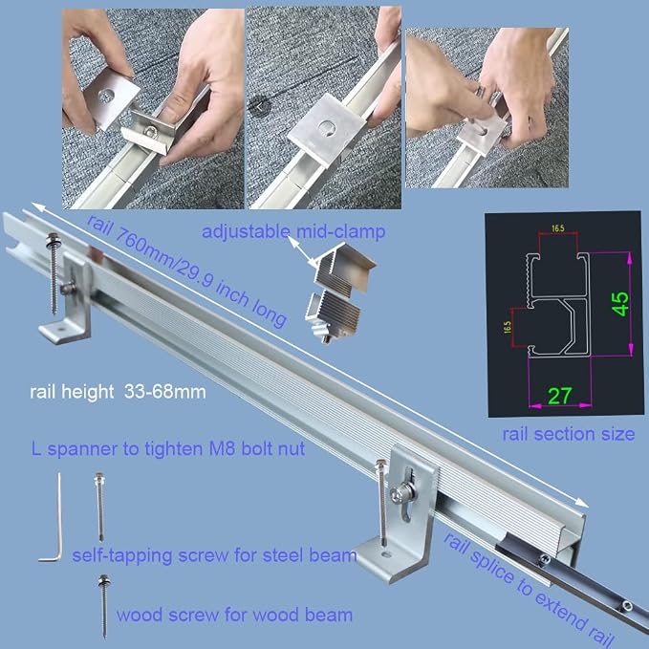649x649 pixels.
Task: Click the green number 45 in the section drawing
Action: click(620, 304)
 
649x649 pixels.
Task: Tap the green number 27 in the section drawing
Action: click(560, 396)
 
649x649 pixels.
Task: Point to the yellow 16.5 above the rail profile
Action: click(557, 228)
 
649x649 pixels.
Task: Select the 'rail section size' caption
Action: click(569, 434)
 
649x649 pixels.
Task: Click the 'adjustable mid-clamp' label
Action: click(293, 231)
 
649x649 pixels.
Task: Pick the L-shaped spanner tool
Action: click(52, 518)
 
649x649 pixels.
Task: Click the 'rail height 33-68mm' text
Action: click(118, 392)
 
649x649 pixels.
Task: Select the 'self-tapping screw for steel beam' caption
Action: click(214, 555)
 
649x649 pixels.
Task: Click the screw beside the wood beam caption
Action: click(104, 606)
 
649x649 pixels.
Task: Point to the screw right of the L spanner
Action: click(99, 507)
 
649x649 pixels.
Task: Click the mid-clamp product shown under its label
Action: click(338, 292)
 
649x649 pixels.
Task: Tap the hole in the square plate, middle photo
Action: click(328, 127)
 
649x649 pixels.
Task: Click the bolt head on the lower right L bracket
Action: click(399, 493)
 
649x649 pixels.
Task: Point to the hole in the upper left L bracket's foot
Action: click(62, 329)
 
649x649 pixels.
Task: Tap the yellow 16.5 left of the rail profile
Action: click(508, 327)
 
